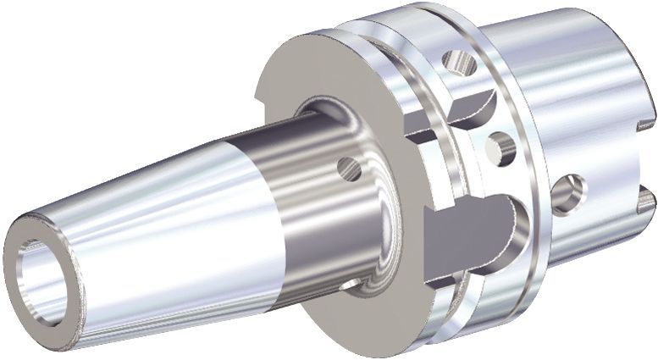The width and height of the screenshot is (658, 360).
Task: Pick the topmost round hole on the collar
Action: pyautogui.click(x=459, y=63)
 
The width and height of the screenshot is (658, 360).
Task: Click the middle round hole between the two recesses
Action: pyautogui.click(x=500, y=150)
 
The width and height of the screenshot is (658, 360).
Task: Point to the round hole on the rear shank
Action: pyautogui.click(x=567, y=193)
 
